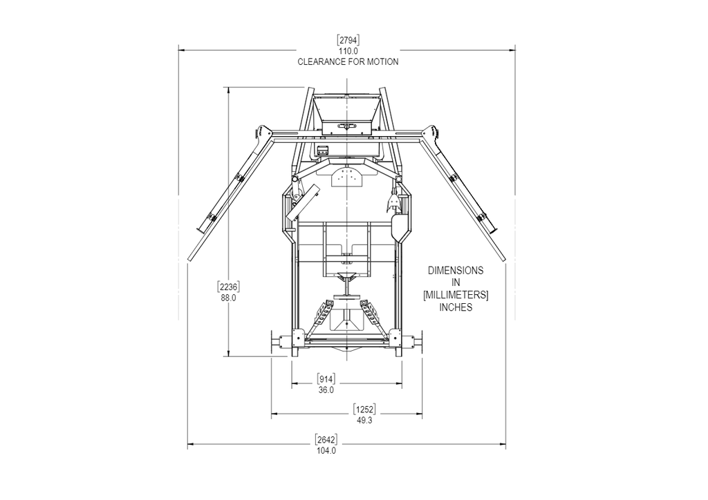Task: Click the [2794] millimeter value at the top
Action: pos(348,39)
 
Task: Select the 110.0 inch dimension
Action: pos(348,51)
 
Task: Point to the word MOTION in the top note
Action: pos(382,61)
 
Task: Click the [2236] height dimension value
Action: pos(229,287)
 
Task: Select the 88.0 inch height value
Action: pos(229,298)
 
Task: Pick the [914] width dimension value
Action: pos(326,378)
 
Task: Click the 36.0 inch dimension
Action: pos(326,390)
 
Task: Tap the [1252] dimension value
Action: pos(365,408)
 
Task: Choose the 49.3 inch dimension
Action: pos(365,420)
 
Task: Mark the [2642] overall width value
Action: pos(326,439)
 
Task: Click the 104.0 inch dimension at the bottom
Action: pos(326,451)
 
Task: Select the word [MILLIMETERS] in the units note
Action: pos(456,295)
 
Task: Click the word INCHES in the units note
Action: pos(456,307)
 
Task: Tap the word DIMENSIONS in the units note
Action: pos(456,271)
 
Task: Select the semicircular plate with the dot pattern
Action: pos(347,178)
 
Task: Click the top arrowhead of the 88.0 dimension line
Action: pos(229,90)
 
